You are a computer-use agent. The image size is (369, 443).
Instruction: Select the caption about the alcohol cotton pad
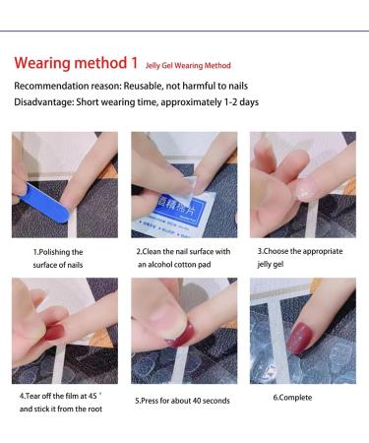pyautogui.click(x=183, y=258)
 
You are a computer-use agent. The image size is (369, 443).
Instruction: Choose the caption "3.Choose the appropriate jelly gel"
pyautogui.click(x=306, y=258)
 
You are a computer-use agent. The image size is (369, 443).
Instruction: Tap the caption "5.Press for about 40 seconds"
pyautogui.click(x=180, y=401)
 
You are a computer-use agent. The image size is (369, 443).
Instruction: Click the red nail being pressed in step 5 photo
pyautogui.click(x=183, y=335)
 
